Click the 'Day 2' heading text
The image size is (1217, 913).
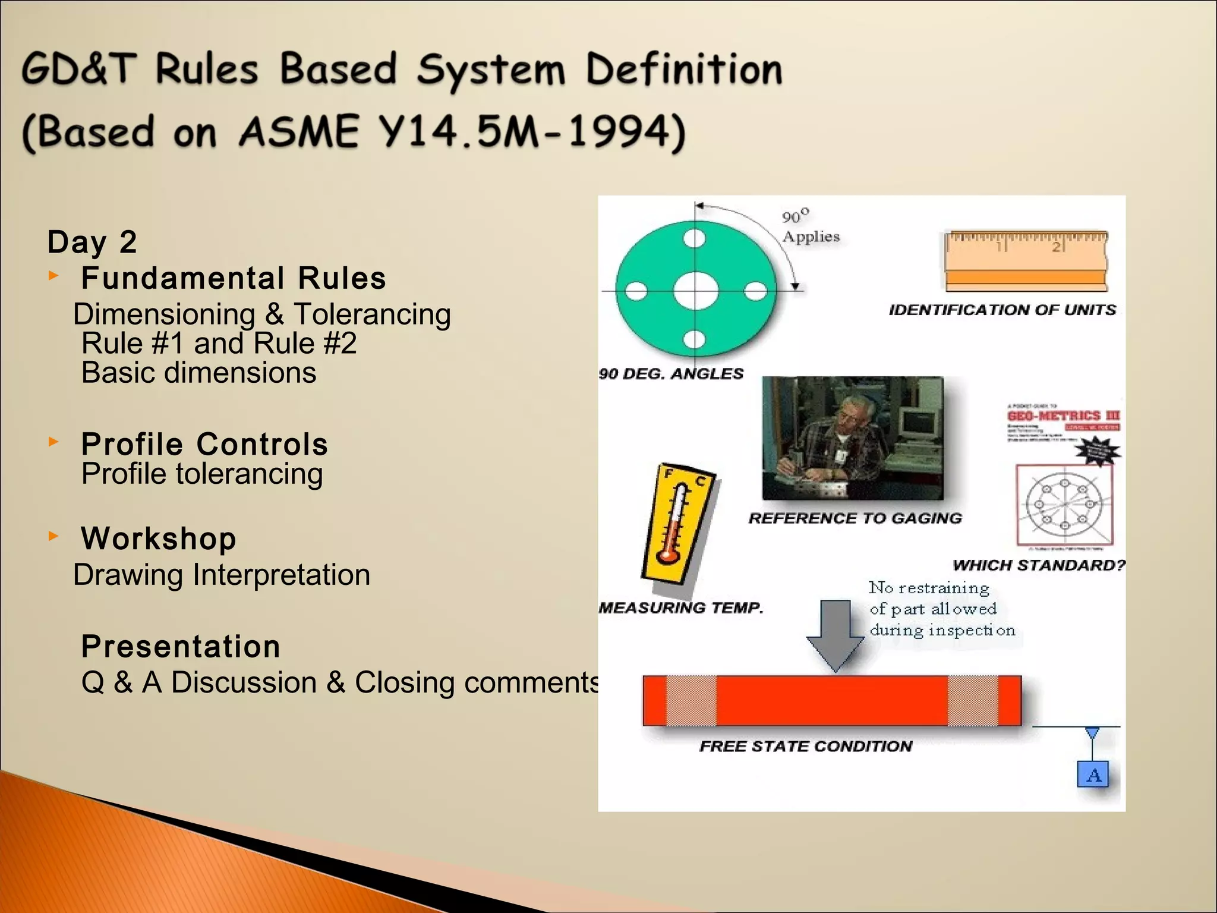pyautogui.click(x=92, y=242)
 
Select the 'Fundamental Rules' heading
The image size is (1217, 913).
pyautogui.click(x=234, y=278)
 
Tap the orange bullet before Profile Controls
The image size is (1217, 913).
pyautogui.click(x=53, y=442)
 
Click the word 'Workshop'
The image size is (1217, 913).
pyautogui.click(x=159, y=539)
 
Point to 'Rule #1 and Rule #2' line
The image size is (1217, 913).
pyautogui.click(x=219, y=344)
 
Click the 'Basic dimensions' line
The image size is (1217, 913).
pyautogui.click(x=198, y=373)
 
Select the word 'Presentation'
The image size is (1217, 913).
pyautogui.click(x=181, y=647)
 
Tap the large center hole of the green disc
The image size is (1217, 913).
pyautogui.click(x=695, y=291)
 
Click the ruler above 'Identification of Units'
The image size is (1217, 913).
pyautogui.click(x=1026, y=260)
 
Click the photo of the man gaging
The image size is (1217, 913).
pyautogui.click(x=853, y=438)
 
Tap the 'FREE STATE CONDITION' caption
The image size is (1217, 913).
pyautogui.click(x=805, y=747)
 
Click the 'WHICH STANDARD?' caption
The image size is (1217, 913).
pyautogui.click(x=1039, y=565)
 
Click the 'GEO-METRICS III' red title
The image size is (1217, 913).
pyautogui.click(x=1063, y=416)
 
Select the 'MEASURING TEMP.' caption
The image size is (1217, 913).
pyautogui.click(x=680, y=608)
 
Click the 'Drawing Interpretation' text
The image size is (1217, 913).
pyautogui.click(x=222, y=575)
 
